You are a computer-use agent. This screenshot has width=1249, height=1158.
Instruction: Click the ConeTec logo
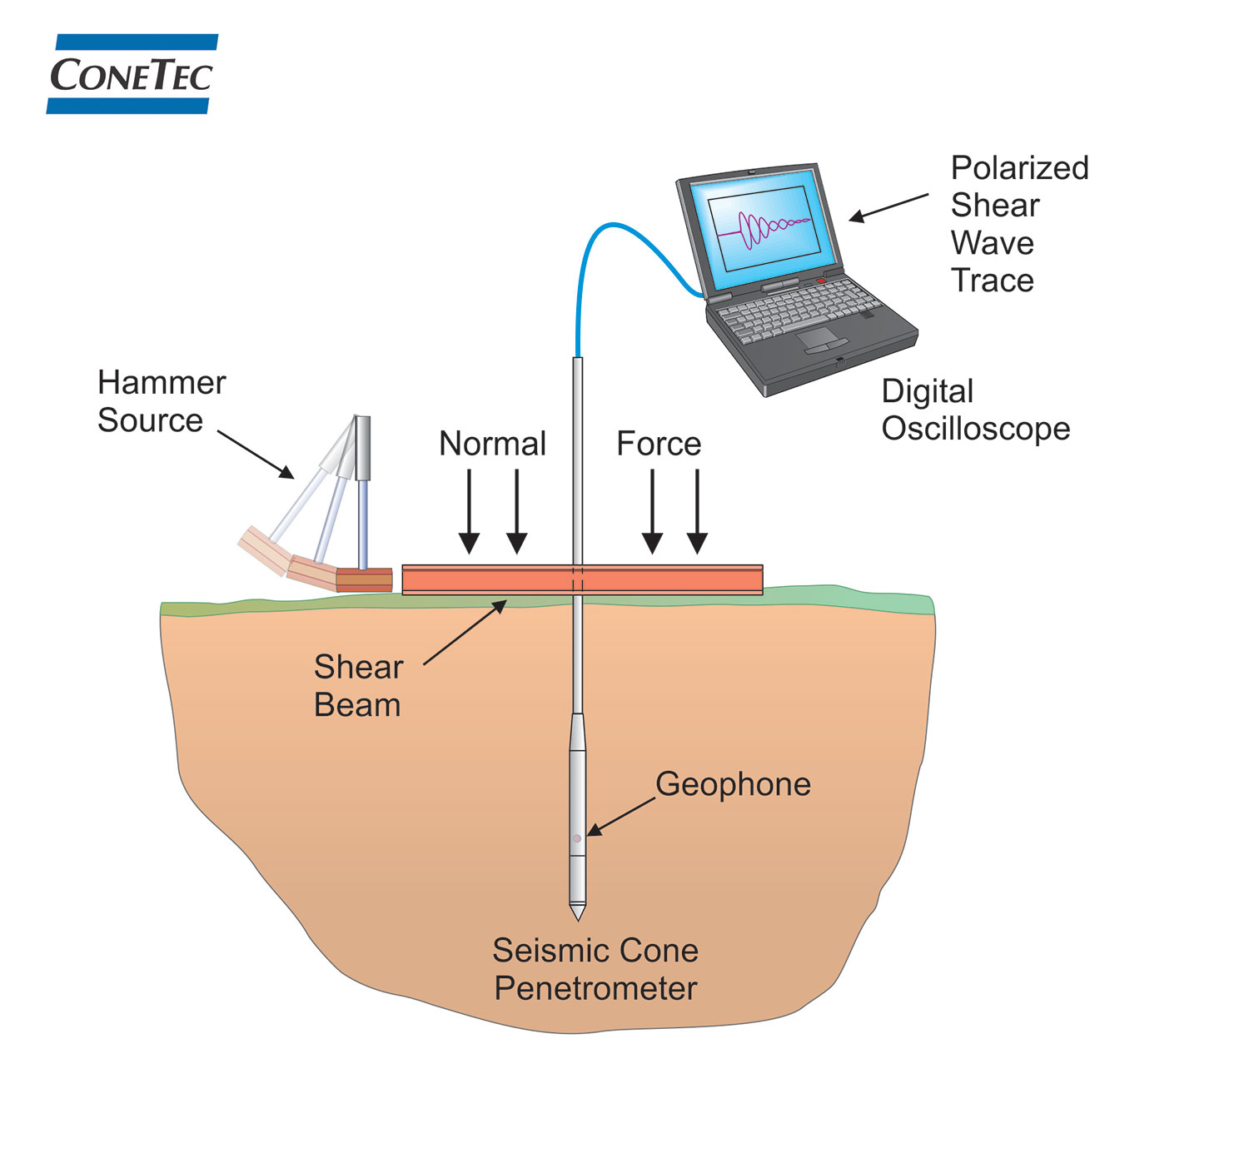[x=132, y=74]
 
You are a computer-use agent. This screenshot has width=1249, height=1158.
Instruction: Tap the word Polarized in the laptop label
[x=1019, y=168]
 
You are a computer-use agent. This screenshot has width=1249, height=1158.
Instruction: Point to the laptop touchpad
[x=819, y=337]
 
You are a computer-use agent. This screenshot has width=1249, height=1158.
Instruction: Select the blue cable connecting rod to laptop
[x=633, y=237]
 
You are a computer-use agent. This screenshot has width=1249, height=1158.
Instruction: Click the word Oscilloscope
[x=976, y=429]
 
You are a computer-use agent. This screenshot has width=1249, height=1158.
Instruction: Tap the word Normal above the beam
[x=492, y=444]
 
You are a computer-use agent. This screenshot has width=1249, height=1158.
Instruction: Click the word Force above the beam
[x=659, y=444]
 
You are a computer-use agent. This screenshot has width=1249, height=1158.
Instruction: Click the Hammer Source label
[x=161, y=401]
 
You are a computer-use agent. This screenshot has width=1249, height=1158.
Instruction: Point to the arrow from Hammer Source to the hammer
[x=256, y=455]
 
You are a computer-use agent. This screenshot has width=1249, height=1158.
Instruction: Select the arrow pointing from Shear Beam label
[x=465, y=633]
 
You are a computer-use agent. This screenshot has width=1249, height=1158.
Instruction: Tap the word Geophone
[x=733, y=784]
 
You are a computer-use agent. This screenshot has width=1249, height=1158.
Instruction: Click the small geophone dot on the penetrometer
[x=577, y=838]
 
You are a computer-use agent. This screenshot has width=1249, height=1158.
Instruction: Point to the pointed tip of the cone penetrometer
[x=577, y=915]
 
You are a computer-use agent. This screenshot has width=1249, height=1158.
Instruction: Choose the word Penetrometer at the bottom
[x=595, y=988]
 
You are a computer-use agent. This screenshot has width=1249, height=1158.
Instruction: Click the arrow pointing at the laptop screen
[x=888, y=208]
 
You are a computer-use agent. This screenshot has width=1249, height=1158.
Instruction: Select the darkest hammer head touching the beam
[x=364, y=579]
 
